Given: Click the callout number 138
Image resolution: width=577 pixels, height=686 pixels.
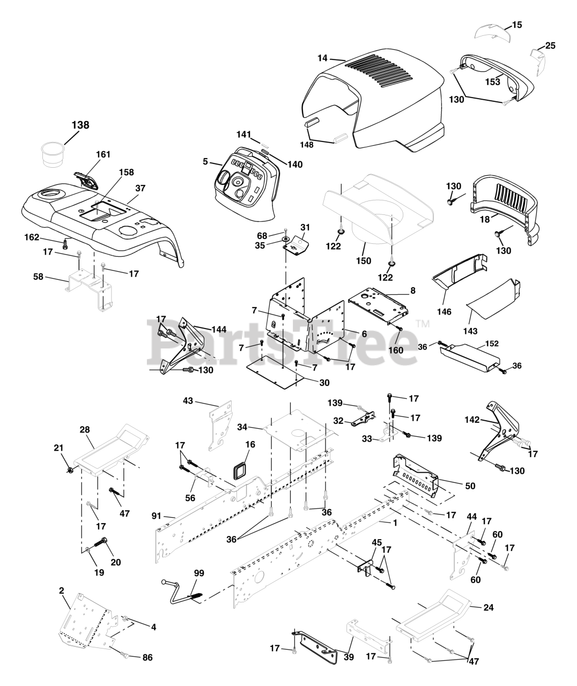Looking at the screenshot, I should click(80, 125).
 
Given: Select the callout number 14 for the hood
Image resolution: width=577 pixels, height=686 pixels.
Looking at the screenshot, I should click(322, 58).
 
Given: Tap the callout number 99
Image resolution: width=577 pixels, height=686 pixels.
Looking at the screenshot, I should click(199, 573).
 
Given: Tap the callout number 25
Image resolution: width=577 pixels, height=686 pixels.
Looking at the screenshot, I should click(550, 46).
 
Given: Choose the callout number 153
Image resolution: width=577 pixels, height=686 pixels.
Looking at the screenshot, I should click(493, 82).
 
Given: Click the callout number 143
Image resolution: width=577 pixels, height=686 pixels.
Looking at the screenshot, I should click(470, 331).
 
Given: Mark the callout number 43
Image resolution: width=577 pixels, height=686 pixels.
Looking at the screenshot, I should click(188, 400).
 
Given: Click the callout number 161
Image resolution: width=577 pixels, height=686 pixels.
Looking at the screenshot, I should click(103, 154).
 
